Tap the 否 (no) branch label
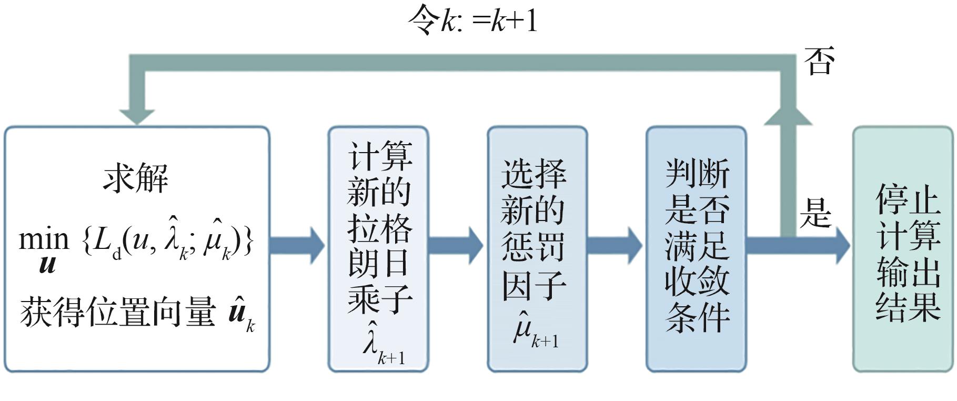(x=819, y=62)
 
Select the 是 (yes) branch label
(x=815, y=214)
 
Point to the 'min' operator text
(x=44, y=240)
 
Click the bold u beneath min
(x=47, y=264)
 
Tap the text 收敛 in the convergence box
(x=697, y=282)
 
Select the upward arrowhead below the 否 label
(x=788, y=117)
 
